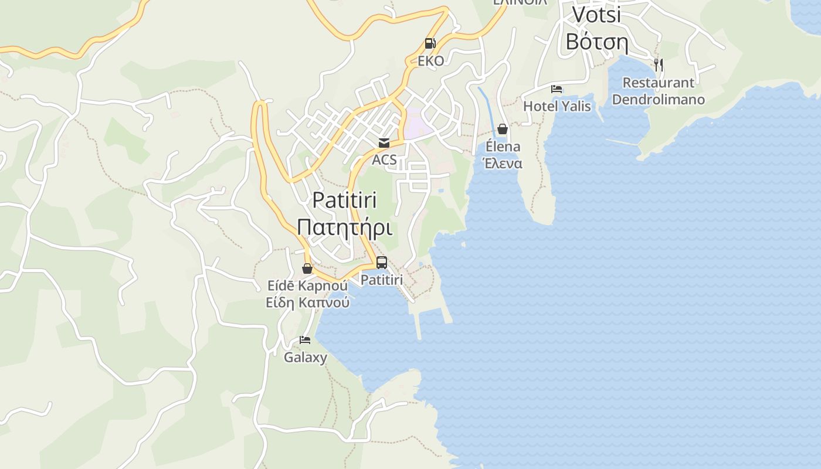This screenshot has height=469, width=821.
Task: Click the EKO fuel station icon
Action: point(430,43)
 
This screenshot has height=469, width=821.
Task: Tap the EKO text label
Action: point(430,61)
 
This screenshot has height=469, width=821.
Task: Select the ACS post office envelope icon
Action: point(384,142)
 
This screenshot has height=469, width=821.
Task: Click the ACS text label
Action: point(384,159)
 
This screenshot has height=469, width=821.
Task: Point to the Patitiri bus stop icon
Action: point(381,263)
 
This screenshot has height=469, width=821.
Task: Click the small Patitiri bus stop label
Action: point(381,280)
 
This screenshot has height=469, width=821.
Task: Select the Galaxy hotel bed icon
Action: point(305,339)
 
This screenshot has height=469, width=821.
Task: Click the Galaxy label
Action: point(306,357)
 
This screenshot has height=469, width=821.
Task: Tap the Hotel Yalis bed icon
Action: point(557,89)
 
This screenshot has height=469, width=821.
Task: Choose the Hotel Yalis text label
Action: point(557,106)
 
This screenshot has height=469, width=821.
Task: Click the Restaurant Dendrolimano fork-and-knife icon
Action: point(659,64)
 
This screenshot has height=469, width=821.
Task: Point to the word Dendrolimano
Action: point(658,99)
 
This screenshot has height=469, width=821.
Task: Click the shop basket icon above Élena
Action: point(503,129)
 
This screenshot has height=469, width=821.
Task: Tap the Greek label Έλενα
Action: point(503,163)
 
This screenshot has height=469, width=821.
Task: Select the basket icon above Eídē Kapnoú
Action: point(307,269)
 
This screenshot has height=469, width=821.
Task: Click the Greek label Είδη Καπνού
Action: point(307,303)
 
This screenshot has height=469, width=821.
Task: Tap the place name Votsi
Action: point(596,15)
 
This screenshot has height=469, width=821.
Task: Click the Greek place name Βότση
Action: point(596,42)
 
